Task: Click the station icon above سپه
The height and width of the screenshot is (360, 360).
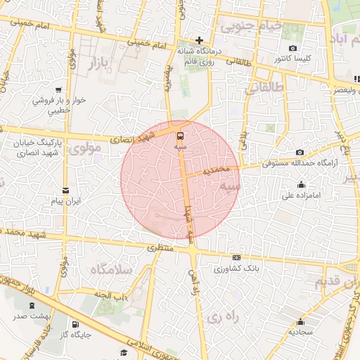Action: point(180,135)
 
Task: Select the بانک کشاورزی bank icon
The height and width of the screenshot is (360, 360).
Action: point(236,257)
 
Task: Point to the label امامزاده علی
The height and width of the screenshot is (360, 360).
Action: point(302,197)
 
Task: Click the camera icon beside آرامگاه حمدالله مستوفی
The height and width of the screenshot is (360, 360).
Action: point(300,153)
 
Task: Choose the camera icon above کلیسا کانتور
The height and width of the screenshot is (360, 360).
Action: point(292,49)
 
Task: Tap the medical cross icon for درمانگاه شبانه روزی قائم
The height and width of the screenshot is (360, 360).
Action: point(200,40)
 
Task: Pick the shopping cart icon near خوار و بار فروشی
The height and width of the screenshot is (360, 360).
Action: point(58,90)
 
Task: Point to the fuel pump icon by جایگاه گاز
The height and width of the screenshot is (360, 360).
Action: point(75,324)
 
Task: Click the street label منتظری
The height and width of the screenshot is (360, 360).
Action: point(160,248)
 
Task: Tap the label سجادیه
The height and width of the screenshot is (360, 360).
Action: point(301,330)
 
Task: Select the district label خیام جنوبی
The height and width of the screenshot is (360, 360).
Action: point(252,27)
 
